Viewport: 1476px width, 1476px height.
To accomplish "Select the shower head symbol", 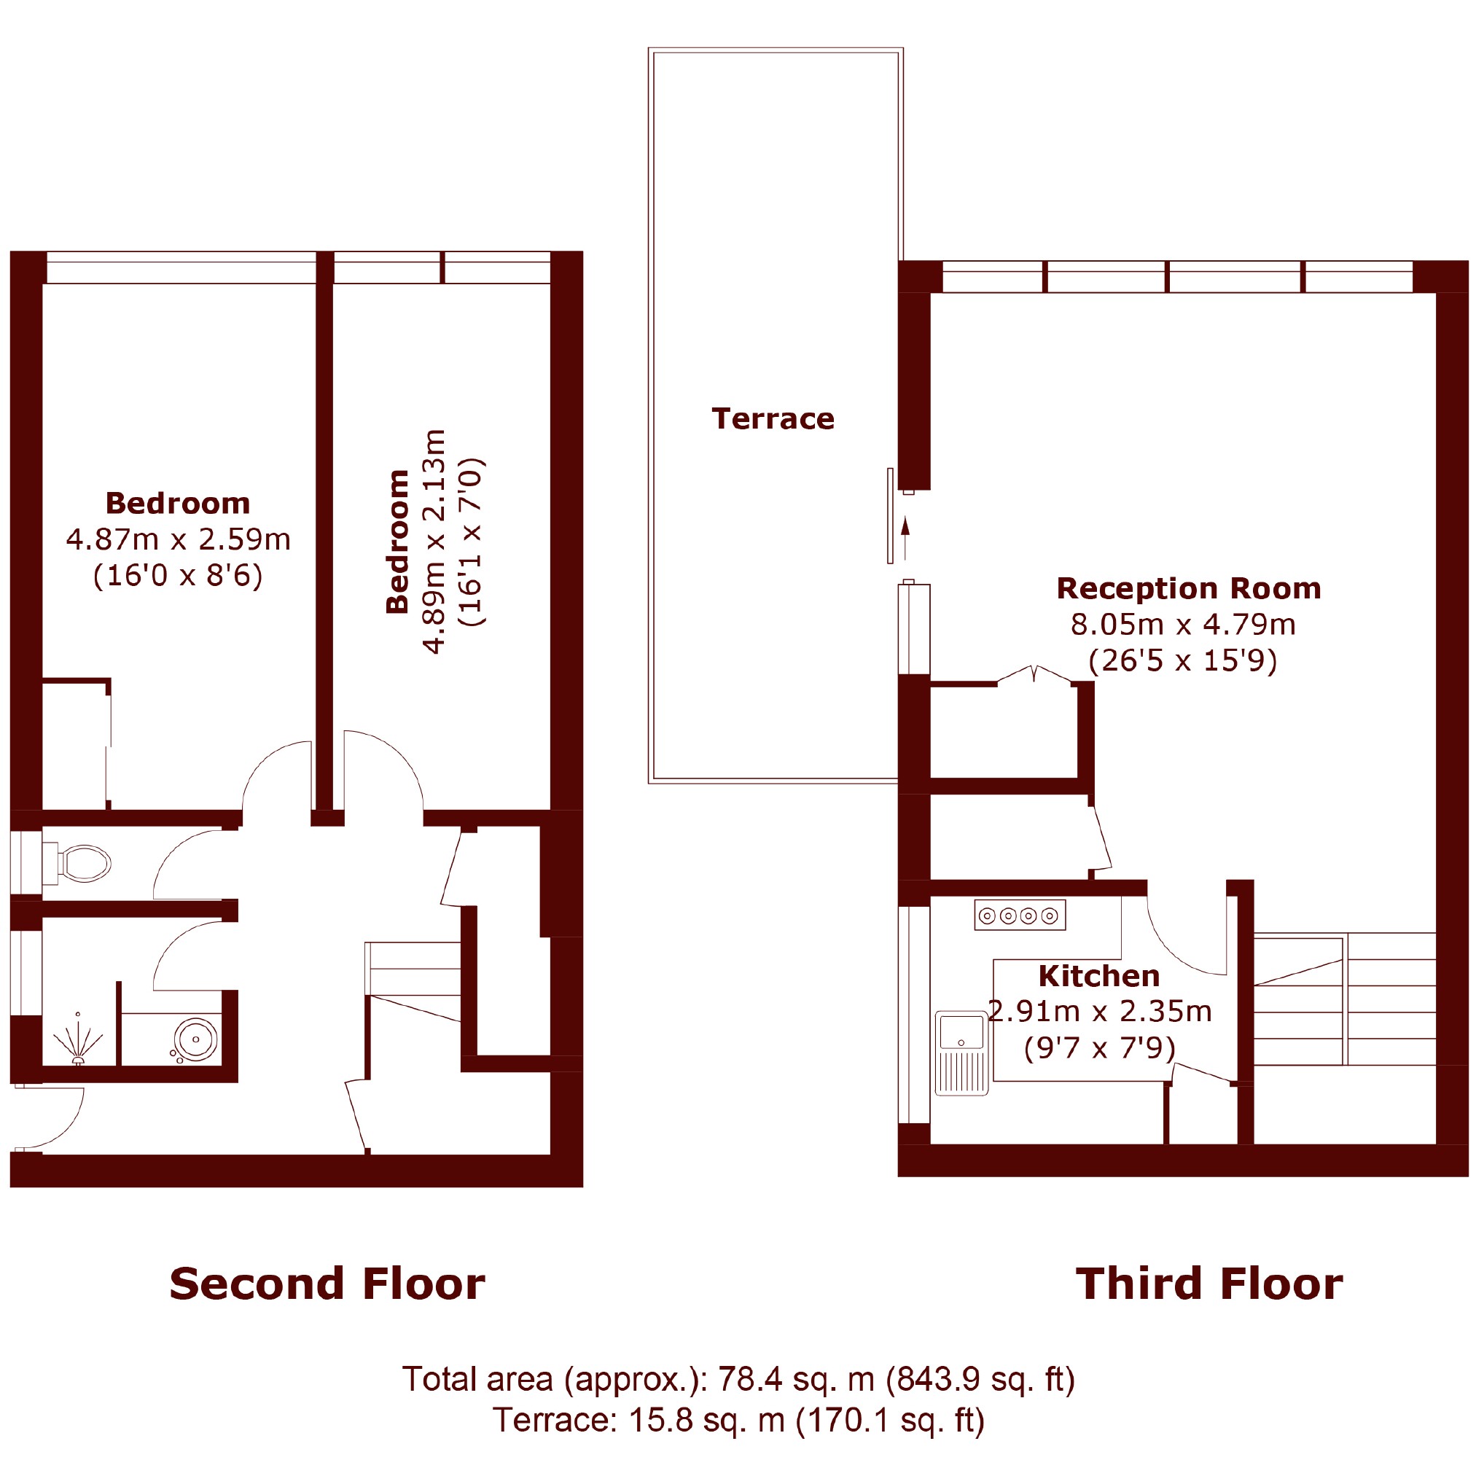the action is (x=77, y=1038).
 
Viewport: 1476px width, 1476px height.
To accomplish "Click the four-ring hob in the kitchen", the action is (x=1020, y=915).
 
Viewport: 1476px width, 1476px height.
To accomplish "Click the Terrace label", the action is (x=773, y=418).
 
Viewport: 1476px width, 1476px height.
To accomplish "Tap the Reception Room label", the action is (x=1189, y=588).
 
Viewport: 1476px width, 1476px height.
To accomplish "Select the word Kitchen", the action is (x=1099, y=977).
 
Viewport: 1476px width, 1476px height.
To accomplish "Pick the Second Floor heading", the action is (x=327, y=1284).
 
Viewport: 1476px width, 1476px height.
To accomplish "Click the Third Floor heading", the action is (x=1209, y=1284).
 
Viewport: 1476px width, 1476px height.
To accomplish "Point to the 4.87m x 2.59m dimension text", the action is (x=179, y=539).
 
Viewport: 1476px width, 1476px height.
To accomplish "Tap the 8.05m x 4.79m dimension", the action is (x=1184, y=624).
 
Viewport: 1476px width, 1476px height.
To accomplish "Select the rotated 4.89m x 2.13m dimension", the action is (x=434, y=542).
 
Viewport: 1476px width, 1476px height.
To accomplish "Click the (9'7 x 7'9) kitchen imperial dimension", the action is (x=1099, y=1047).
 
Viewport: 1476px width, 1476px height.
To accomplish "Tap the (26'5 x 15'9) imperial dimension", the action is (x=1183, y=660).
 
